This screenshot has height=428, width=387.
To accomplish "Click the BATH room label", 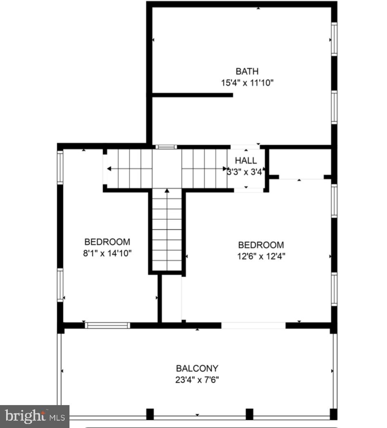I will click(x=247, y=72).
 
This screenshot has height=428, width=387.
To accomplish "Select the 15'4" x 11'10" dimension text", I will click(x=247, y=83).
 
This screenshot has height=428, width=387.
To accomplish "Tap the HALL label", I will click(x=246, y=161).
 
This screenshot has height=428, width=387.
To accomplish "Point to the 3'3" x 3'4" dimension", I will click(x=246, y=172).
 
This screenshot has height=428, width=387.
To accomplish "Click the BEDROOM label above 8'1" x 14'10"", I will click(x=107, y=242).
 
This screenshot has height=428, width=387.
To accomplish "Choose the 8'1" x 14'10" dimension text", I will click(x=107, y=253).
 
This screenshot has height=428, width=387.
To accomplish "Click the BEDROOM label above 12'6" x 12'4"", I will click(x=261, y=245).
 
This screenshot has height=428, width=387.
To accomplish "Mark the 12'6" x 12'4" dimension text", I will click(x=261, y=256).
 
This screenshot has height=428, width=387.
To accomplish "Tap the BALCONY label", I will click(x=197, y=368).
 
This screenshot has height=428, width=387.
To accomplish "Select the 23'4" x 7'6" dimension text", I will click(x=197, y=379).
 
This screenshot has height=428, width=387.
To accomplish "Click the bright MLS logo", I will click(x=34, y=416).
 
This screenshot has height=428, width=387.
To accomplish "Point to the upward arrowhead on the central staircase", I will click(x=167, y=190).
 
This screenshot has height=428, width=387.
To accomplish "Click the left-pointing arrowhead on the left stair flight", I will click(x=110, y=168).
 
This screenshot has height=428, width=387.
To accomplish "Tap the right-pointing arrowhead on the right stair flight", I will click(x=225, y=168).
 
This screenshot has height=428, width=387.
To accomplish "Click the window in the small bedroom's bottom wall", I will click(x=107, y=326).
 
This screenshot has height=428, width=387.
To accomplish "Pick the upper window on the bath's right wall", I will click(x=334, y=39).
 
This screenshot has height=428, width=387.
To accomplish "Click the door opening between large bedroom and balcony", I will click(x=253, y=326).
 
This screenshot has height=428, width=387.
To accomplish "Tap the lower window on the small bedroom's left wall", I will click(x=60, y=285).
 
